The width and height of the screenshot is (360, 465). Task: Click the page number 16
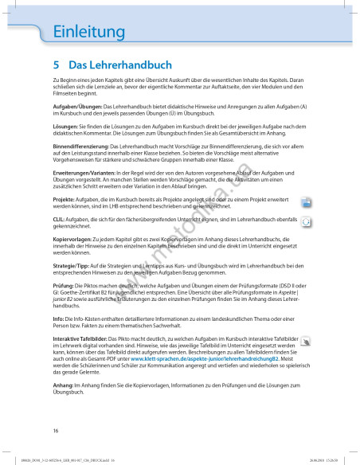(56, 430)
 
